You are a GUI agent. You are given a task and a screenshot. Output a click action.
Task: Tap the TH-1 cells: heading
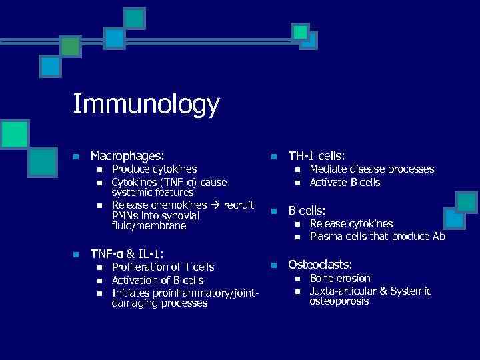[x=317, y=155]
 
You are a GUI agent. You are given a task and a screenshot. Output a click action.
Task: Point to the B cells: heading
[x=307, y=210]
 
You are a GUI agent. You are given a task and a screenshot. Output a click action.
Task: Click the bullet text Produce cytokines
[x=154, y=170]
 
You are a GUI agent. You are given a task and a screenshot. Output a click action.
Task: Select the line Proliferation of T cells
[x=163, y=267]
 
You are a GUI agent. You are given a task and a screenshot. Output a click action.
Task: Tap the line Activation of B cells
[x=157, y=280]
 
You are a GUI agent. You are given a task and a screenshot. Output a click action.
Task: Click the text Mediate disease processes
[x=372, y=169]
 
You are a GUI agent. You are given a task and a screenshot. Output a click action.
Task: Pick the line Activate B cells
[x=345, y=182]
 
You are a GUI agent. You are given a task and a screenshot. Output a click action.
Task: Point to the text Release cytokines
[x=351, y=224]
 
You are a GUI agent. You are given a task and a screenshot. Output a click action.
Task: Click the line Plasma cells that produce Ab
[x=377, y=237]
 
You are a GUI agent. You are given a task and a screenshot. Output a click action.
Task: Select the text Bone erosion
[x=340, y=278]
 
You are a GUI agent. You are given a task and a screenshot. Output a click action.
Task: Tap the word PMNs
[x=125, y=215]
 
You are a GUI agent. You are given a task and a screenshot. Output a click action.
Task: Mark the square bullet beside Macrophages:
[x=76, y=157]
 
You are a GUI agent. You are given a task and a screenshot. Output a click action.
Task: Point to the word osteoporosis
[x=339, y=301]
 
